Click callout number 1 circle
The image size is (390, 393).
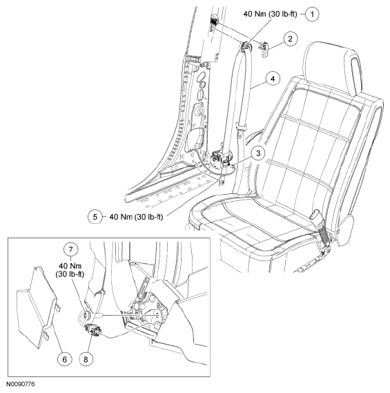tap(312, 15)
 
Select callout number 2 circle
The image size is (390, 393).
tap(291, 39)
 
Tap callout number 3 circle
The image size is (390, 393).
tap(258, 153)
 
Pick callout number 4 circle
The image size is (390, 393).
tap(273, 79)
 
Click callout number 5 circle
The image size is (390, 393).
tap(95, 217)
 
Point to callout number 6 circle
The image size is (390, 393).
tap(65, 359)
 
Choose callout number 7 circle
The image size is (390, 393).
tap(70, 249)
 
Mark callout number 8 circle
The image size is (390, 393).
tap(86, 359)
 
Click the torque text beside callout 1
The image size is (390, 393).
tap(270, 14)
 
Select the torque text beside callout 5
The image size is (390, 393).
tap(136, 217)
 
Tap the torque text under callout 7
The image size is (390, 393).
tap(70, 269)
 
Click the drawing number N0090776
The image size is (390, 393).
tap(21, 384)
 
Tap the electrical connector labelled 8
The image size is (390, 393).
tap(93, 330)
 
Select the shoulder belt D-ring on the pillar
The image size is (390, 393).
tap(246, 46)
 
